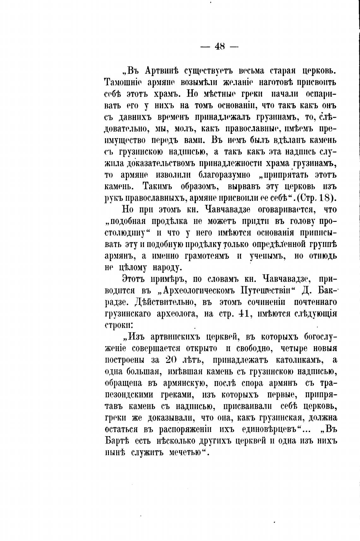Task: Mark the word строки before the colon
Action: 115,325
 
